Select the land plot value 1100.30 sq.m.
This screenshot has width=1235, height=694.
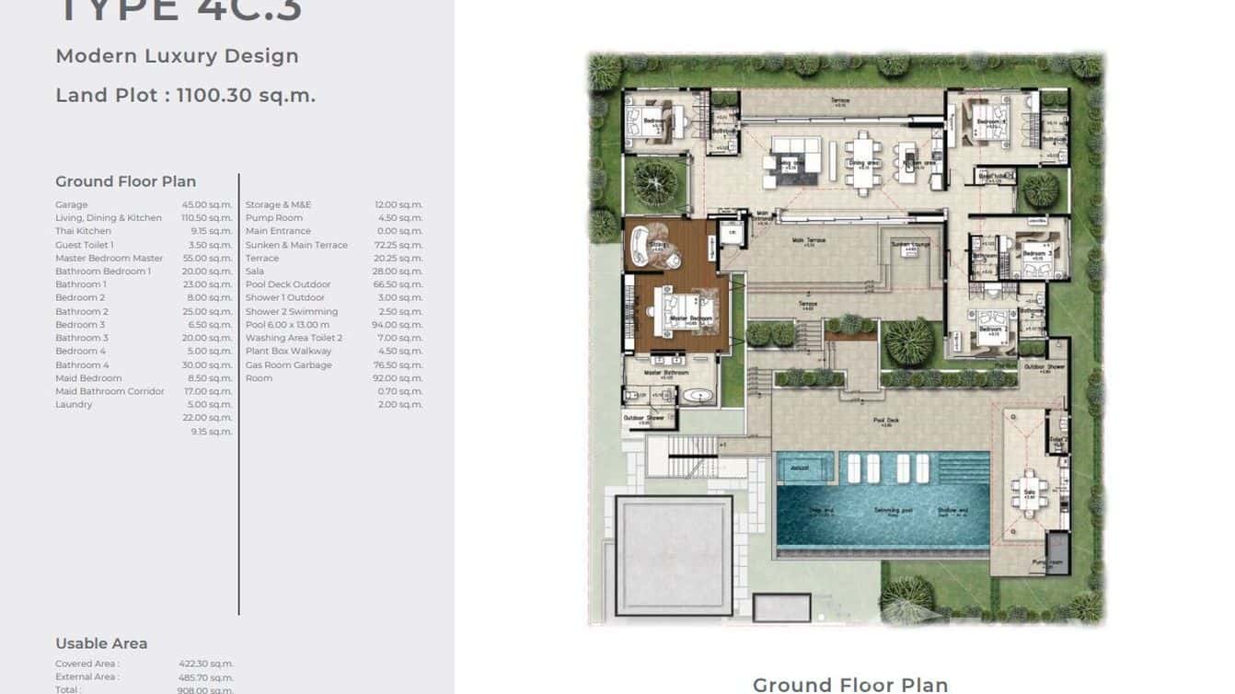[x=246, y=95]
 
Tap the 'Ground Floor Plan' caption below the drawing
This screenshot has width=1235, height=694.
[x=849, y=684]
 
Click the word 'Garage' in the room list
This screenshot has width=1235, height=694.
[x=72, y=205]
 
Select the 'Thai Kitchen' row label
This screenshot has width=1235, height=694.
[x=83, y=231]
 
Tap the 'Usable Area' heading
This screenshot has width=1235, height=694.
[x=101, y=643]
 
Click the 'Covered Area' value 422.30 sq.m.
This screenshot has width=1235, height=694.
[x=205, y=664]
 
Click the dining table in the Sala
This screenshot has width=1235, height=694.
[x=1029, y=492]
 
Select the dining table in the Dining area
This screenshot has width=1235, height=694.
[x=863, y=162]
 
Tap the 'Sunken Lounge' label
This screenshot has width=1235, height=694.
[x=909, y=245]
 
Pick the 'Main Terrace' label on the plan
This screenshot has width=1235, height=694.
[x=808, y=241]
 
